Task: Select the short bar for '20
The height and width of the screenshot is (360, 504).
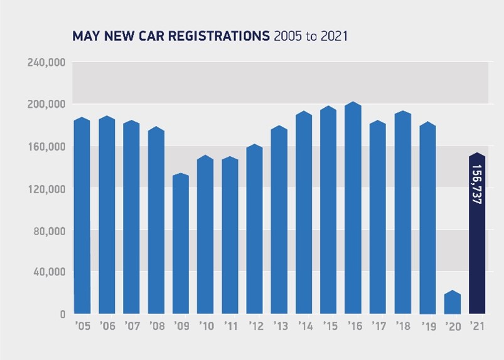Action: (x=453, y=302)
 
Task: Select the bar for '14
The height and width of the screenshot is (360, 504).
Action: (x=304, y=213)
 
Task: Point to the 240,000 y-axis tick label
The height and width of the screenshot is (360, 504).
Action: (x=48, y=63)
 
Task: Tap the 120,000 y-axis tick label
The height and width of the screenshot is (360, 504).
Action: (x=48, y=189)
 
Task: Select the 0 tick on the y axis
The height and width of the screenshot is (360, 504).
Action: (x=63, y=314)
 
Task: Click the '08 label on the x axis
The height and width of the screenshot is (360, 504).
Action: (x=156, y=327)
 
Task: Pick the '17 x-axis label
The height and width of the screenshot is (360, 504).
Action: (x=378, y=327)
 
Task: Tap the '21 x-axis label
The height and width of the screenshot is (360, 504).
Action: (x=477, y=327)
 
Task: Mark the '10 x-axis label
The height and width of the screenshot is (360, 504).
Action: (x=205, y=327)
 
